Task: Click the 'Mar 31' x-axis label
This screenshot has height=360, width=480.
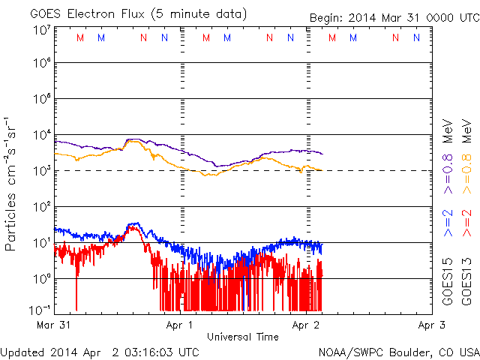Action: click(55, 325)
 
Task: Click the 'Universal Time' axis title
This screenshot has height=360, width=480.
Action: click(242, 337)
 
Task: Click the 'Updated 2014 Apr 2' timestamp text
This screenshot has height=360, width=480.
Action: click(100, 351)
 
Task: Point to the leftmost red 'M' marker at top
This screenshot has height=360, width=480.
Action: click(80, 38)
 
